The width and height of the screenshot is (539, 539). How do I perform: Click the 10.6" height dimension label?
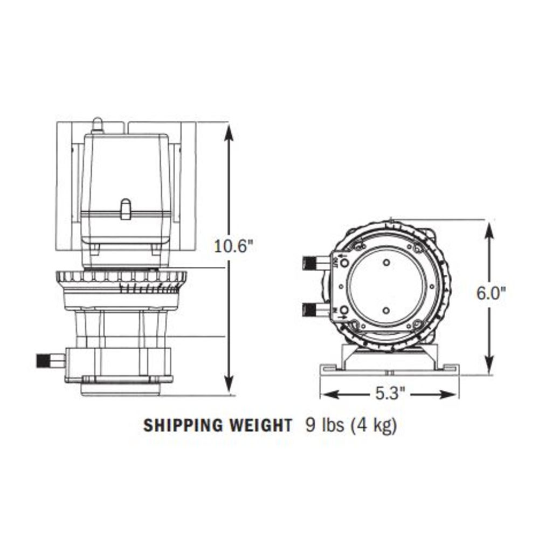tap(233, 246)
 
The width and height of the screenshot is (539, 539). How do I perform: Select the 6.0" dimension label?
tap(490, 293)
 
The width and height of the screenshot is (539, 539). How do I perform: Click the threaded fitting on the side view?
tap(44, 360)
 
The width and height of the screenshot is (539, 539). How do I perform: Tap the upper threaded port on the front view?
tap(311, 264)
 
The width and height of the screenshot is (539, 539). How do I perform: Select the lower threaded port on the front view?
tap(311, 310)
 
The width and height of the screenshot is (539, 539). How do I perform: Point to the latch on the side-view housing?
tap(125, 209)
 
